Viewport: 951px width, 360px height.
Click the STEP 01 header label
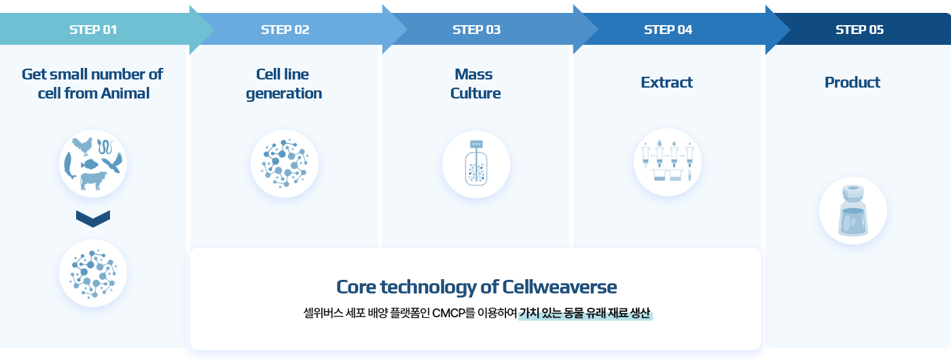pos(93,30)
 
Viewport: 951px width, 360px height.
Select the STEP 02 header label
pos(285,30)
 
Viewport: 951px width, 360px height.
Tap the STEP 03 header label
pos(476,30)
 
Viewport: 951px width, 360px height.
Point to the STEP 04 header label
pos(668,30)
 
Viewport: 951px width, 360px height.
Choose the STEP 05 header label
pos(859,30)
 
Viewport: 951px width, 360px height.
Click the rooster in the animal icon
pos(83,146)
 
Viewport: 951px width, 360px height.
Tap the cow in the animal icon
pos(93,181)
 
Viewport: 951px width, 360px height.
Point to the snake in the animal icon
pos(106,147)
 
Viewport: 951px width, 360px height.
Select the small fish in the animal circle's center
pos(89,164)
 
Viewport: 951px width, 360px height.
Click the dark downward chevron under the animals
pos(93,219)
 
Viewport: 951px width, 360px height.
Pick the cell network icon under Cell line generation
pos(285,164)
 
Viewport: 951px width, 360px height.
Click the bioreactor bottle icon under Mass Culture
pos(476,164)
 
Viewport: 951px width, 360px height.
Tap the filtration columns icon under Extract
pos(667,162)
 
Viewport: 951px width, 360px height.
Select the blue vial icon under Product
pos(853,211)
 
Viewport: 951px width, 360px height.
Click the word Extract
pos(666,82)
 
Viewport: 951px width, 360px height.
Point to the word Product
pos(852,82)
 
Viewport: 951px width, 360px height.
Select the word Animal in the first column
pos(125,94)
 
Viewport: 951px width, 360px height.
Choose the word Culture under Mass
pos(475,94)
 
